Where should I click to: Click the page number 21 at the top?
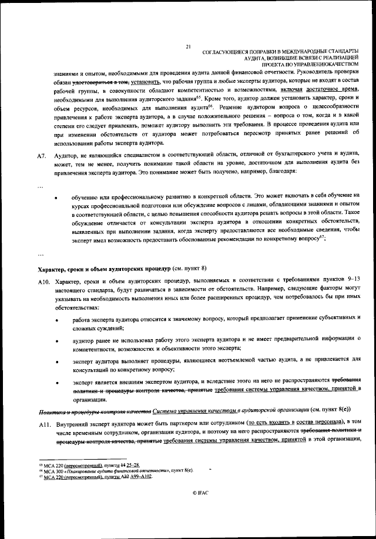187,46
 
